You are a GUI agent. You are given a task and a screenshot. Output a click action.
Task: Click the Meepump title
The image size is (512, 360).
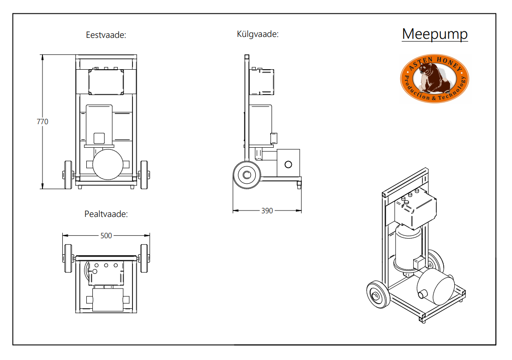click(x=434, y=34)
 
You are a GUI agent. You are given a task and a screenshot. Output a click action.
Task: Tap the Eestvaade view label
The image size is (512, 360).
click(x=106, y=35)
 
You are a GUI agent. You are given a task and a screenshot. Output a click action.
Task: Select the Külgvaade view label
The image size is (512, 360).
click(x=258, y=34)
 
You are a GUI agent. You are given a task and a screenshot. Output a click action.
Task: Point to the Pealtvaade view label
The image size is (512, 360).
click(x=106, y=214)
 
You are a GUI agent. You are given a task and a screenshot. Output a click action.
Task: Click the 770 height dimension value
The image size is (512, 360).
click(x=42, y=122)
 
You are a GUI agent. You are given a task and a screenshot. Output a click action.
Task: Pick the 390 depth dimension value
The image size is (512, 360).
click(x=267, y=211)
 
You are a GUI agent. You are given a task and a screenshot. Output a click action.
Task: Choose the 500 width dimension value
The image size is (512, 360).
click(x=106, y=236)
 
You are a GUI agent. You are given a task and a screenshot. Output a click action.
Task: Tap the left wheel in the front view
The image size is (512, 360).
click(x=68, y=175)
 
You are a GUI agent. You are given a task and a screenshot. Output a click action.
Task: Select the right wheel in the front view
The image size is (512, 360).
click(x=144, y=175)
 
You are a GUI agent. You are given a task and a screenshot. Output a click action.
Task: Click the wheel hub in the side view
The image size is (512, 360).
click(x=247, y=175)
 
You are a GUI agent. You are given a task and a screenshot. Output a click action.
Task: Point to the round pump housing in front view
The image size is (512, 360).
click(x=108, y=164)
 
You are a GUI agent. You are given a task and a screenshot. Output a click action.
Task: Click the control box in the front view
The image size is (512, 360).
click(x=106, y=82)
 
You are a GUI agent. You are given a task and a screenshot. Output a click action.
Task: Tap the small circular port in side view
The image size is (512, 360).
click(x=288, y=164)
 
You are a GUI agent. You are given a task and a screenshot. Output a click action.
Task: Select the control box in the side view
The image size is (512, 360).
click(x=262, y=82)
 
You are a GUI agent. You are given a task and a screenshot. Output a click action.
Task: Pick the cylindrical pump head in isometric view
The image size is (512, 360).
click(x=435, y=287)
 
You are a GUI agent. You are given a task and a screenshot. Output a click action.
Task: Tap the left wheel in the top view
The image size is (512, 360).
click(x=68, y=258)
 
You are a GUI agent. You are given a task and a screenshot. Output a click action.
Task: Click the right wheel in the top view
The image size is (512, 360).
click(x=144, y=258)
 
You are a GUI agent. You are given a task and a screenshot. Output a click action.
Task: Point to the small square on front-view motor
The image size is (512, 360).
click(x=99, y=138)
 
